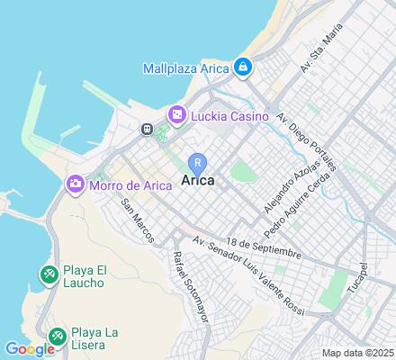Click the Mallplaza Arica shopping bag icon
click(x=242, y=67)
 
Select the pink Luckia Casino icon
click(x=176, y=114)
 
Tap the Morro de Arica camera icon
click(x=76, y=184)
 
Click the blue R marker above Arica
click(x=197, y=162)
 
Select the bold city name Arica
click(x=197, y=180)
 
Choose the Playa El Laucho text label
click(x=88, y=274)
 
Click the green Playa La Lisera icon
click(x=57, y=336)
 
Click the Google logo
click(x=29, y=349)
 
